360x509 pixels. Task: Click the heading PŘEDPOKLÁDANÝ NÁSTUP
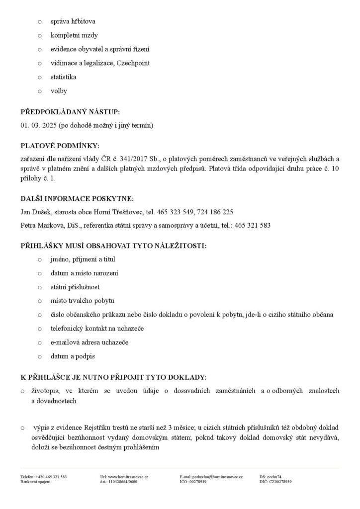(70, 113)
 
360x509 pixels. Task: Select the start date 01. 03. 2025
(38, 126)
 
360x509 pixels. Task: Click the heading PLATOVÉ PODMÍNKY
(60, 146)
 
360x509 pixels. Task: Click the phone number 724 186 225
(215, 212)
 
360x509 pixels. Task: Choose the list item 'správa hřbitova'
(73, 22)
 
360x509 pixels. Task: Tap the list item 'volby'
(59, 91)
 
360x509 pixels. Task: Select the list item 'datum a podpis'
(72, 356)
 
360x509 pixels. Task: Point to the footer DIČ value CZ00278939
(280, 482)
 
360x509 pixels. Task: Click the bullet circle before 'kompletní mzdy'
(40, 36)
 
